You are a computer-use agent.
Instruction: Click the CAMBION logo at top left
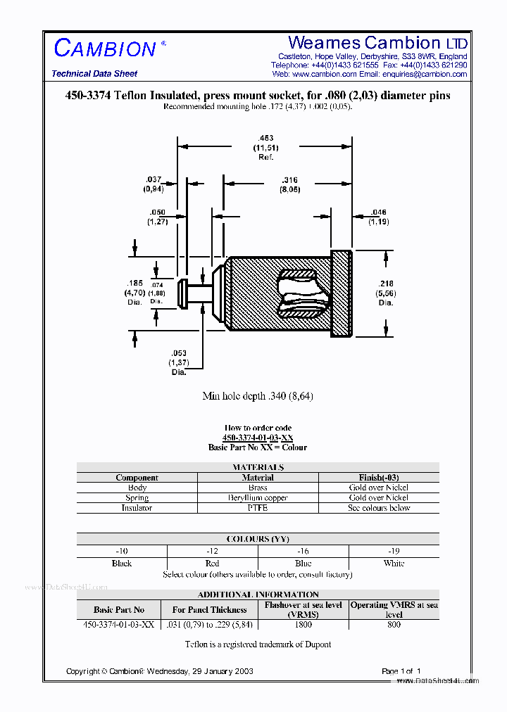pos(105,49)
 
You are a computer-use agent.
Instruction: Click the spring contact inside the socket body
pos(299,293)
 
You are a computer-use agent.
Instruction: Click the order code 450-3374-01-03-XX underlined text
pos(258,438)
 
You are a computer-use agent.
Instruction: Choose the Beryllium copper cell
pos(258,497)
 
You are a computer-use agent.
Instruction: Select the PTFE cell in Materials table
pos(258,508)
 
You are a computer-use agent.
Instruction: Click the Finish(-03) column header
pos(379,478)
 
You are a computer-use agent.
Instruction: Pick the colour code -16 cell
pos(303,551)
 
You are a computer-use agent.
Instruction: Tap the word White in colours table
pos(394,564)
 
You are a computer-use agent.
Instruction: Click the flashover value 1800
pos(303,625)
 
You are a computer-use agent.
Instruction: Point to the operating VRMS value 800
pos(394,625)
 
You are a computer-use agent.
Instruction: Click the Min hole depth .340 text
pos(258,396)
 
